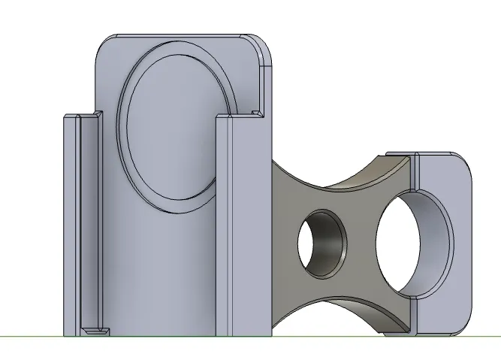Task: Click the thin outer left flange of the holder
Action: coord(69,225)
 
